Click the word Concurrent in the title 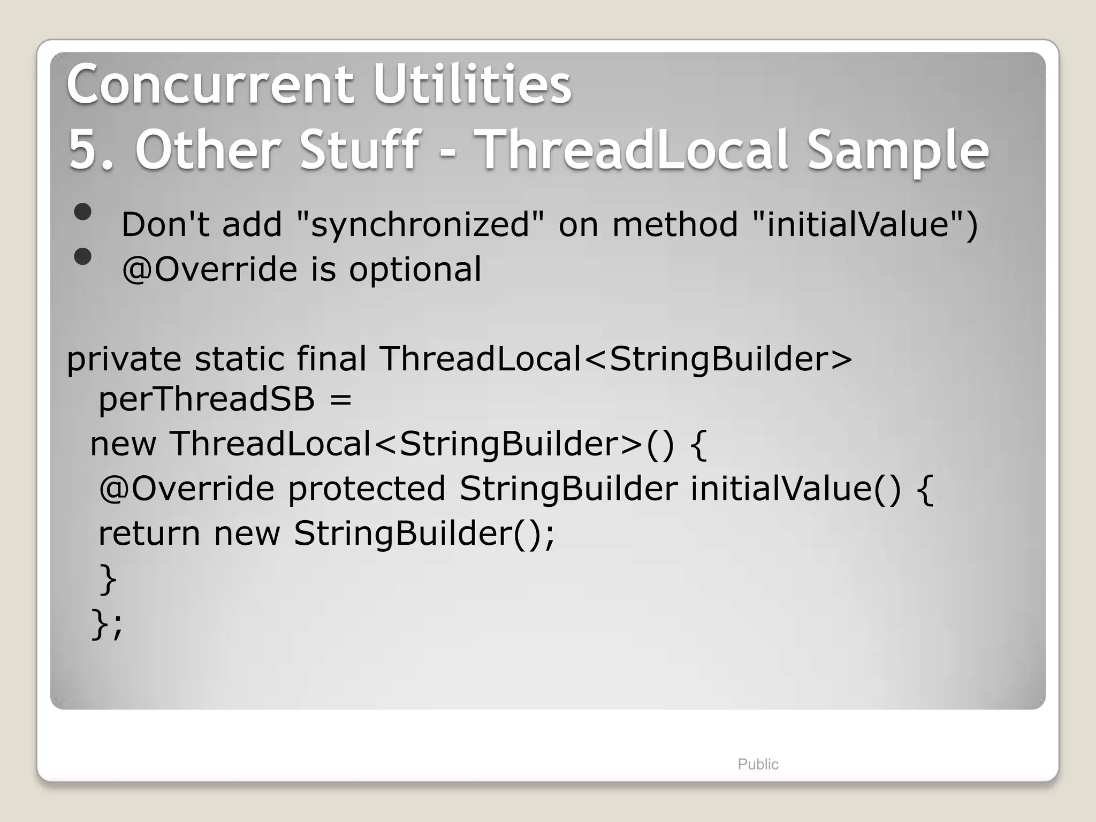(209, 84)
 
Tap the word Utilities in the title (472, 84)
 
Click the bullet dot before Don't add (83, 212)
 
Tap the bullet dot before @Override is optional (83, 257)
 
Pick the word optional (415, 269)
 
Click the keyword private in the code (124, 359)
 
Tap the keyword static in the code (239, 358)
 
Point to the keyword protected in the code (367, 489)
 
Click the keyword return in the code (149, 534)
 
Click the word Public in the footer (757, 764)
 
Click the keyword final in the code (331, 358)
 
